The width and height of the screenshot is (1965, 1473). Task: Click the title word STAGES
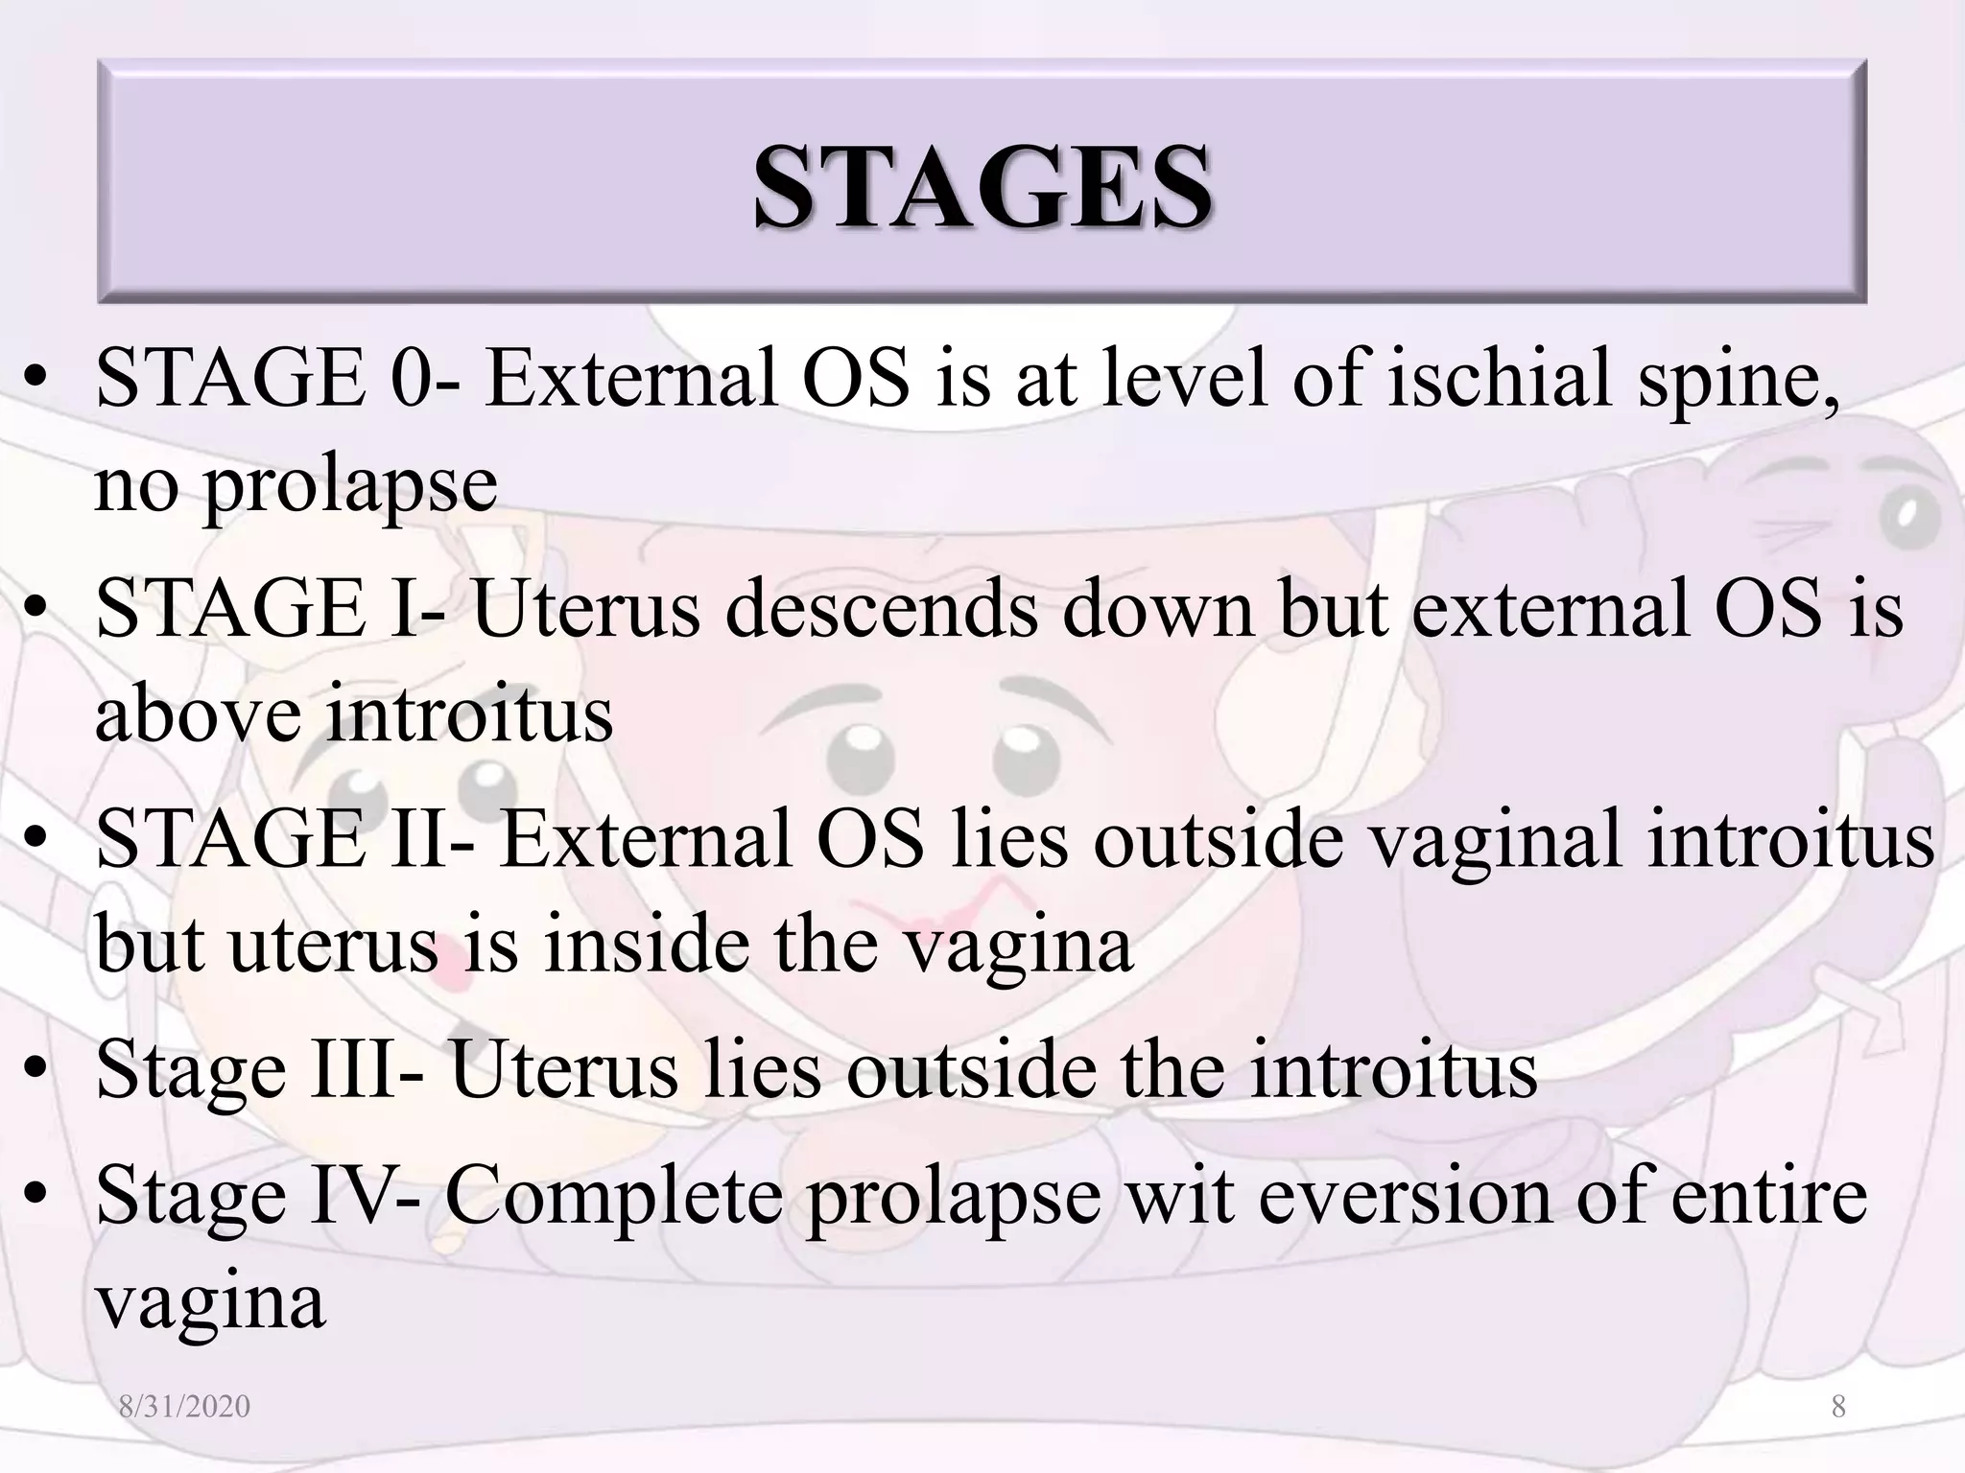[982, 186]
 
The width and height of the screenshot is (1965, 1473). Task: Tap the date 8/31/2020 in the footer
[184, 1407]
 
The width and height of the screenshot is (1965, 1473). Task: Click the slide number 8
[1838, 1407]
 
